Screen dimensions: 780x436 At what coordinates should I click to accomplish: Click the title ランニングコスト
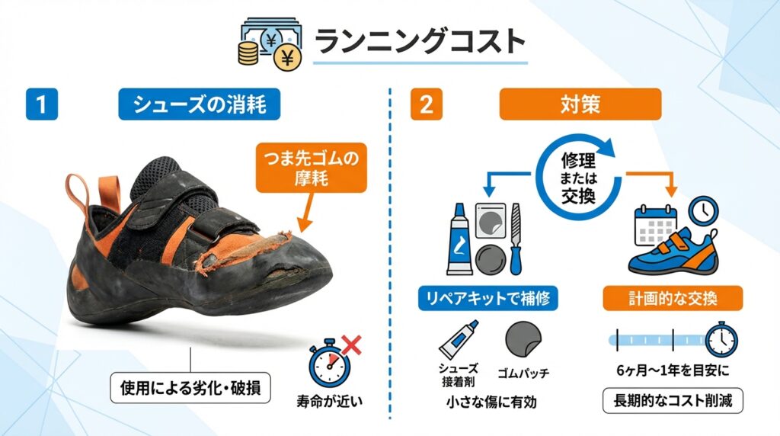click(x=420, y=41)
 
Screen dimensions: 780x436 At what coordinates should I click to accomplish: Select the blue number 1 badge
click(x=42, y=104)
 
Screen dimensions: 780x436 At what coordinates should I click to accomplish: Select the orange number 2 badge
click(x=427, y=104)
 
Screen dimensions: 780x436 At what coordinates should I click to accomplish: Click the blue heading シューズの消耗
click(x=199, y=104)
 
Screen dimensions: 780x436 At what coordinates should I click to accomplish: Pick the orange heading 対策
click(x=580, y=104)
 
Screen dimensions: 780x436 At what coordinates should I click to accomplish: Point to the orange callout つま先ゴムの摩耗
click(x=311, y=168)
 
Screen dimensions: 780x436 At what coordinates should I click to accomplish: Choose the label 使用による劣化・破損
click(x=190, y=388)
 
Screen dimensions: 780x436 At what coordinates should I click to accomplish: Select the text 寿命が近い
click(x=329, y=401)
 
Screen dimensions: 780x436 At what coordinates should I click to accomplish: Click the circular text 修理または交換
click(x=579, y=178)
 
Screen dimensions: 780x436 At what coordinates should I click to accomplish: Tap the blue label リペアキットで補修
click(x=487, y=298)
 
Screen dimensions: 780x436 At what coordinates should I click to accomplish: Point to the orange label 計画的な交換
click(x=673, y=298)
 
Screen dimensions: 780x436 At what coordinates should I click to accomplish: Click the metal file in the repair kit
click(x=516, y=239)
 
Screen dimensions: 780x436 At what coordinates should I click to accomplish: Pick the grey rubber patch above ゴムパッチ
click(x=523, y=339)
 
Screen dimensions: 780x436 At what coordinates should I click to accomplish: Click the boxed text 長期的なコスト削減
click(x=673, y=401)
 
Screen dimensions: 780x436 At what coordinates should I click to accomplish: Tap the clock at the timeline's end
click(x=722, y=339)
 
